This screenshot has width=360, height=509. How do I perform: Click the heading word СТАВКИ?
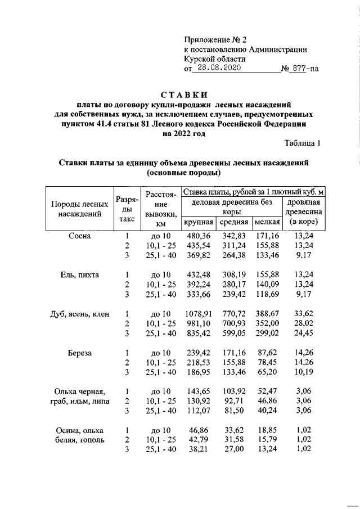click(180, 94)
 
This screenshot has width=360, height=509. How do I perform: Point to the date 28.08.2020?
click(215, 69)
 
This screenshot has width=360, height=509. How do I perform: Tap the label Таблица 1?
click(303, 143)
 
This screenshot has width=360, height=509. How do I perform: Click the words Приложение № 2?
click(215, 40)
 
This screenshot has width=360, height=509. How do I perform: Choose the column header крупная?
click(199, 223)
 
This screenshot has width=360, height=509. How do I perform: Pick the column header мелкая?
click(267, 223)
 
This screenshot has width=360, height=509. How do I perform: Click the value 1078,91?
click(196, 314)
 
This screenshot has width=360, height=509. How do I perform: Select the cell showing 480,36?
click(199, 236)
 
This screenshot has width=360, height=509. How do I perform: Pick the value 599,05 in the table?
click(232, 334)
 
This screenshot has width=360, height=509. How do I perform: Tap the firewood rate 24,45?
click(304, 334)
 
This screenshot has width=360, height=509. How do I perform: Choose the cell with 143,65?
click(199, 392)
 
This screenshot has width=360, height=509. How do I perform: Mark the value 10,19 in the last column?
click(304, 372)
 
